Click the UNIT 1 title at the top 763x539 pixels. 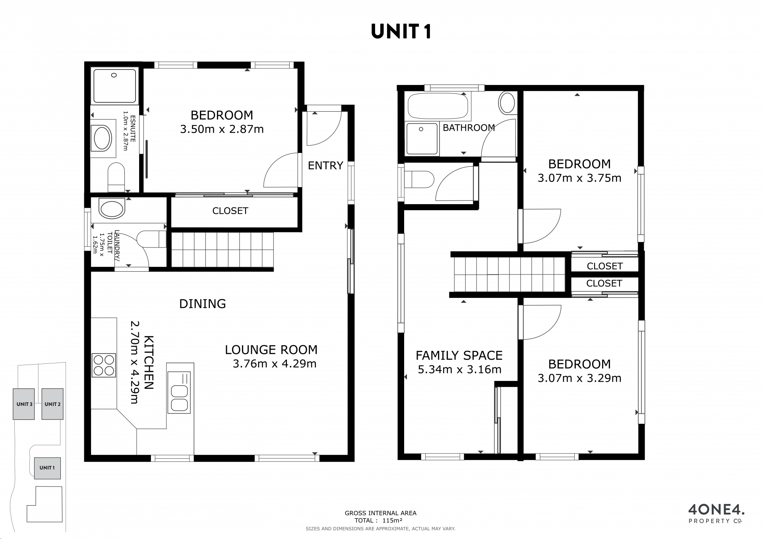coord(401,31)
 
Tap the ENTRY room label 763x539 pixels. coord(325,165)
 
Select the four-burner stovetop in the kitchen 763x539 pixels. coord(104,365)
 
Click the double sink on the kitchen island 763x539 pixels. coord(179,392)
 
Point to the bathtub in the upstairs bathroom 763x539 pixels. coord(438,106)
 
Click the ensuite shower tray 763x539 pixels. coord(114,86)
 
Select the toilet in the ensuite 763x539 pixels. coord(116,178)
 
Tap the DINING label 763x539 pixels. coord(203,304)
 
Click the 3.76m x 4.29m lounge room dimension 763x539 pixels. coord(275,363)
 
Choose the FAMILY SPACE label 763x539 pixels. coord(459,355)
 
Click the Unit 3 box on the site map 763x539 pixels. coord(24,404)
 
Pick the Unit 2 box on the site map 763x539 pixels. coord(52,404)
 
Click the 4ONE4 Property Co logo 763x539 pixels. coord(716,514)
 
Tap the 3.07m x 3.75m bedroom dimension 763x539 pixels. coord(579,178)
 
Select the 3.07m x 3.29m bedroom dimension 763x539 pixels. coord(579,378)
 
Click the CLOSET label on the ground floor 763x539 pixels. coord(230,211)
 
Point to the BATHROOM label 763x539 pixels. coord(469,128)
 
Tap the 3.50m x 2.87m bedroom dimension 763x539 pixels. coord(222,129)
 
